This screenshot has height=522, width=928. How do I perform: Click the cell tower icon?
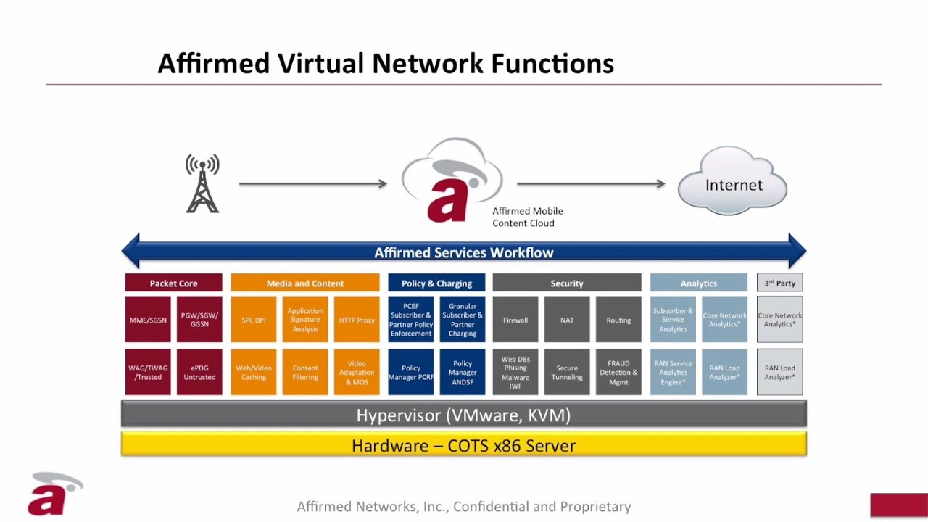tap(202, 184)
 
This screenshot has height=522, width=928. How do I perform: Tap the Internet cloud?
tap(733, 183)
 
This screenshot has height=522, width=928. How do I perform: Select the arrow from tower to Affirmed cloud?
tap(312, 184)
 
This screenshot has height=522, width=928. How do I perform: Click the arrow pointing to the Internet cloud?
tap(590, 184)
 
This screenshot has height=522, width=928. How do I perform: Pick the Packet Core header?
tap(173, 283)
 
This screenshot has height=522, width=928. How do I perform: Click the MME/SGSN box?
tap(148, 319)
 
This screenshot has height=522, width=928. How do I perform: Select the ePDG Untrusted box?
tap(199, 372)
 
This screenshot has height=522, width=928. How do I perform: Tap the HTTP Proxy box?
tap(357, 319)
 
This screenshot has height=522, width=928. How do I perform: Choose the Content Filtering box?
tap(305, 372)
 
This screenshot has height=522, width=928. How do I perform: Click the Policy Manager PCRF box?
tap(411, 372)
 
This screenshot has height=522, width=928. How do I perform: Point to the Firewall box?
tap(515, 319)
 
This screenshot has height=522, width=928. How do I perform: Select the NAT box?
tap(567, 319)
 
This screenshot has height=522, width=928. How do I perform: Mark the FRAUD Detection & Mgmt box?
tap(618, 372)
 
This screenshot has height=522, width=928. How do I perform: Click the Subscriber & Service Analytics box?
tap(673, 319)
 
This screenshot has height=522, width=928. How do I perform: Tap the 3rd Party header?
tap(779, 283)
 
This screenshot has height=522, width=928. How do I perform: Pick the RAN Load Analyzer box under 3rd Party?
tap(779, 372)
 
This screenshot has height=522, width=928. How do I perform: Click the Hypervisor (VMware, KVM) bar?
tap(463, 415)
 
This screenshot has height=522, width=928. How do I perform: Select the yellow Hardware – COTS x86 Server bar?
tap(463, 444)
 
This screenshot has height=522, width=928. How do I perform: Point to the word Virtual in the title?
tap(320, 64)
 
